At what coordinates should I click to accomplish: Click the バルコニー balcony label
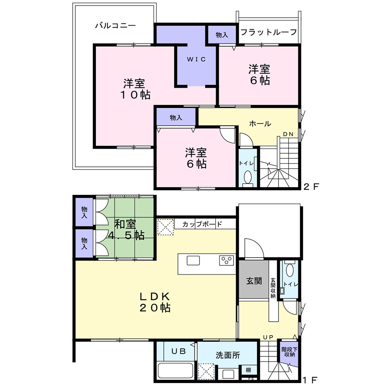click(115, 26)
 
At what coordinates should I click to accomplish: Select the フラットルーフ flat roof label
click(268, 32)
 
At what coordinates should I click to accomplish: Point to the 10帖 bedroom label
click(135, 89)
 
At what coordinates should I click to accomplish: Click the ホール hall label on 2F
click(260, 124)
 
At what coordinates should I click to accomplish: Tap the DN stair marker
click(288, 134)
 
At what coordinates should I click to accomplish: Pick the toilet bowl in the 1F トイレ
click(289, 268)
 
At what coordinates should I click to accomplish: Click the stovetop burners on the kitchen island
click(226, 260)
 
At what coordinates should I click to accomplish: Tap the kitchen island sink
click(193, 260)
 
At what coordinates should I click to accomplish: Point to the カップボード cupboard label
click(202, 224)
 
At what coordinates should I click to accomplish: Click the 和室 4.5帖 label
click(125, 230)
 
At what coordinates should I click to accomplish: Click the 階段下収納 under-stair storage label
click(288, 352)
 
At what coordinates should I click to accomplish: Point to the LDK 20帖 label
click(155, 302)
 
